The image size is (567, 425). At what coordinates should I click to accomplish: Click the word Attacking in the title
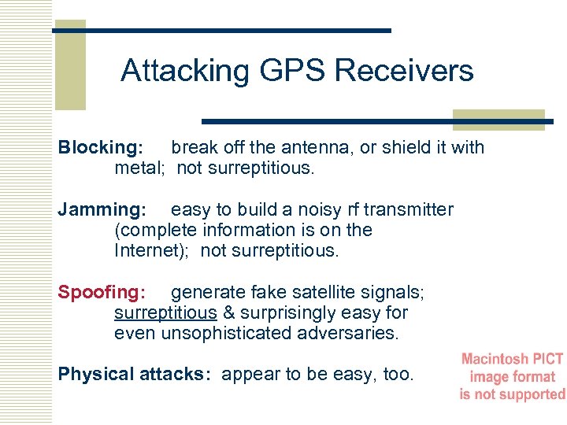click(183, 71)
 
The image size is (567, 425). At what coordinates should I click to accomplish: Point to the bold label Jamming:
click(102, 210)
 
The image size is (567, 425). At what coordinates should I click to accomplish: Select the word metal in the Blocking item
click(141, 168)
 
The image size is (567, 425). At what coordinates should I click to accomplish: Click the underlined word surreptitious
click(165, 313)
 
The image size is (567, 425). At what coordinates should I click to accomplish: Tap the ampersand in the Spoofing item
click(229, 313)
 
